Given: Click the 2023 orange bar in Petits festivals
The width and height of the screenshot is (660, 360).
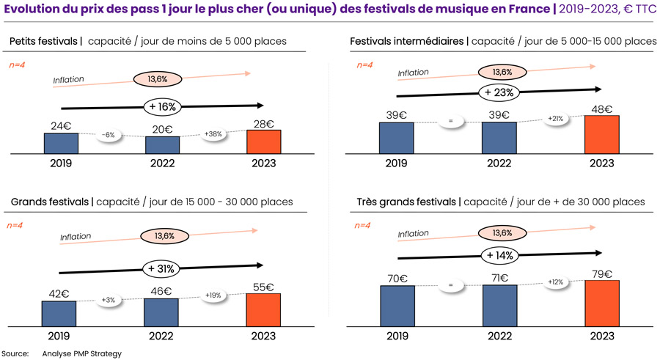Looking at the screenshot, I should [263, 142].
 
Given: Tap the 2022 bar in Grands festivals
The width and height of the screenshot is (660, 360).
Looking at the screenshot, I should [161, 311].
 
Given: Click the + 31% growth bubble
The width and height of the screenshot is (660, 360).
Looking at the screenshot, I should [161, 268].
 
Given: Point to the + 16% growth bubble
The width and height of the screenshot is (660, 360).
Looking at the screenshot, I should [162, 106].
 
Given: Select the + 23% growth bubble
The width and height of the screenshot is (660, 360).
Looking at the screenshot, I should [499, 92].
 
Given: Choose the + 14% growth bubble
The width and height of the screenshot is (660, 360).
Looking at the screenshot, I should [499, 255].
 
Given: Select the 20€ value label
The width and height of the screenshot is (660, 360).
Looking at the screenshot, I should [162, 128].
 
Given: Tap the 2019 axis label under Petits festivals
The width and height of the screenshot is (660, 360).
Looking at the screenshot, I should [60, 163].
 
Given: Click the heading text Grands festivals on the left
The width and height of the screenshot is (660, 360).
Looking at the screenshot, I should [48, 202].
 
